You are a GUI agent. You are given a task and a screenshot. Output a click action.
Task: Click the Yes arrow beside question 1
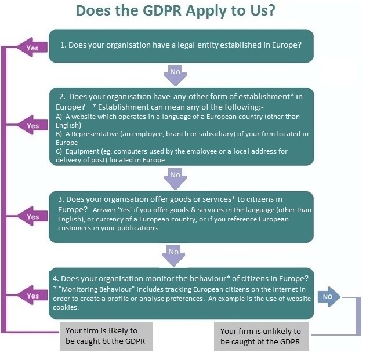tap(32, 48)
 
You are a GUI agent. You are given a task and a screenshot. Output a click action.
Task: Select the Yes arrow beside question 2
tap(32, 125)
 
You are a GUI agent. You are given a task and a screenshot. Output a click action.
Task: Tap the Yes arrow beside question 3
tap(32, 217)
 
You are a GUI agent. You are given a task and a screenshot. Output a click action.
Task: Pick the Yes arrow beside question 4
tap(32, 296)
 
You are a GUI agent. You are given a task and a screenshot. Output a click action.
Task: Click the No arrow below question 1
tap(175, 72)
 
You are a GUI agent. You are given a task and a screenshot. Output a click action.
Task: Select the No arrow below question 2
tap(175, 175)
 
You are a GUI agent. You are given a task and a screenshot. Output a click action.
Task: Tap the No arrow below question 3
tap(173, 252)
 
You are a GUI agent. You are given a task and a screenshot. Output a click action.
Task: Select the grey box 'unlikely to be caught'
tap(261, 336)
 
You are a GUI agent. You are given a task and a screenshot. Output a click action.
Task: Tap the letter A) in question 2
tap(59, 117)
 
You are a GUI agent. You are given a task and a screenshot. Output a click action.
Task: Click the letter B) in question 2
tap(59, 134)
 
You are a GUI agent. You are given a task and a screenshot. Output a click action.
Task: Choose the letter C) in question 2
tap(59, 151)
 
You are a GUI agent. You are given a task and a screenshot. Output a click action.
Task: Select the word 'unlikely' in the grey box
tap(282, 332)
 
